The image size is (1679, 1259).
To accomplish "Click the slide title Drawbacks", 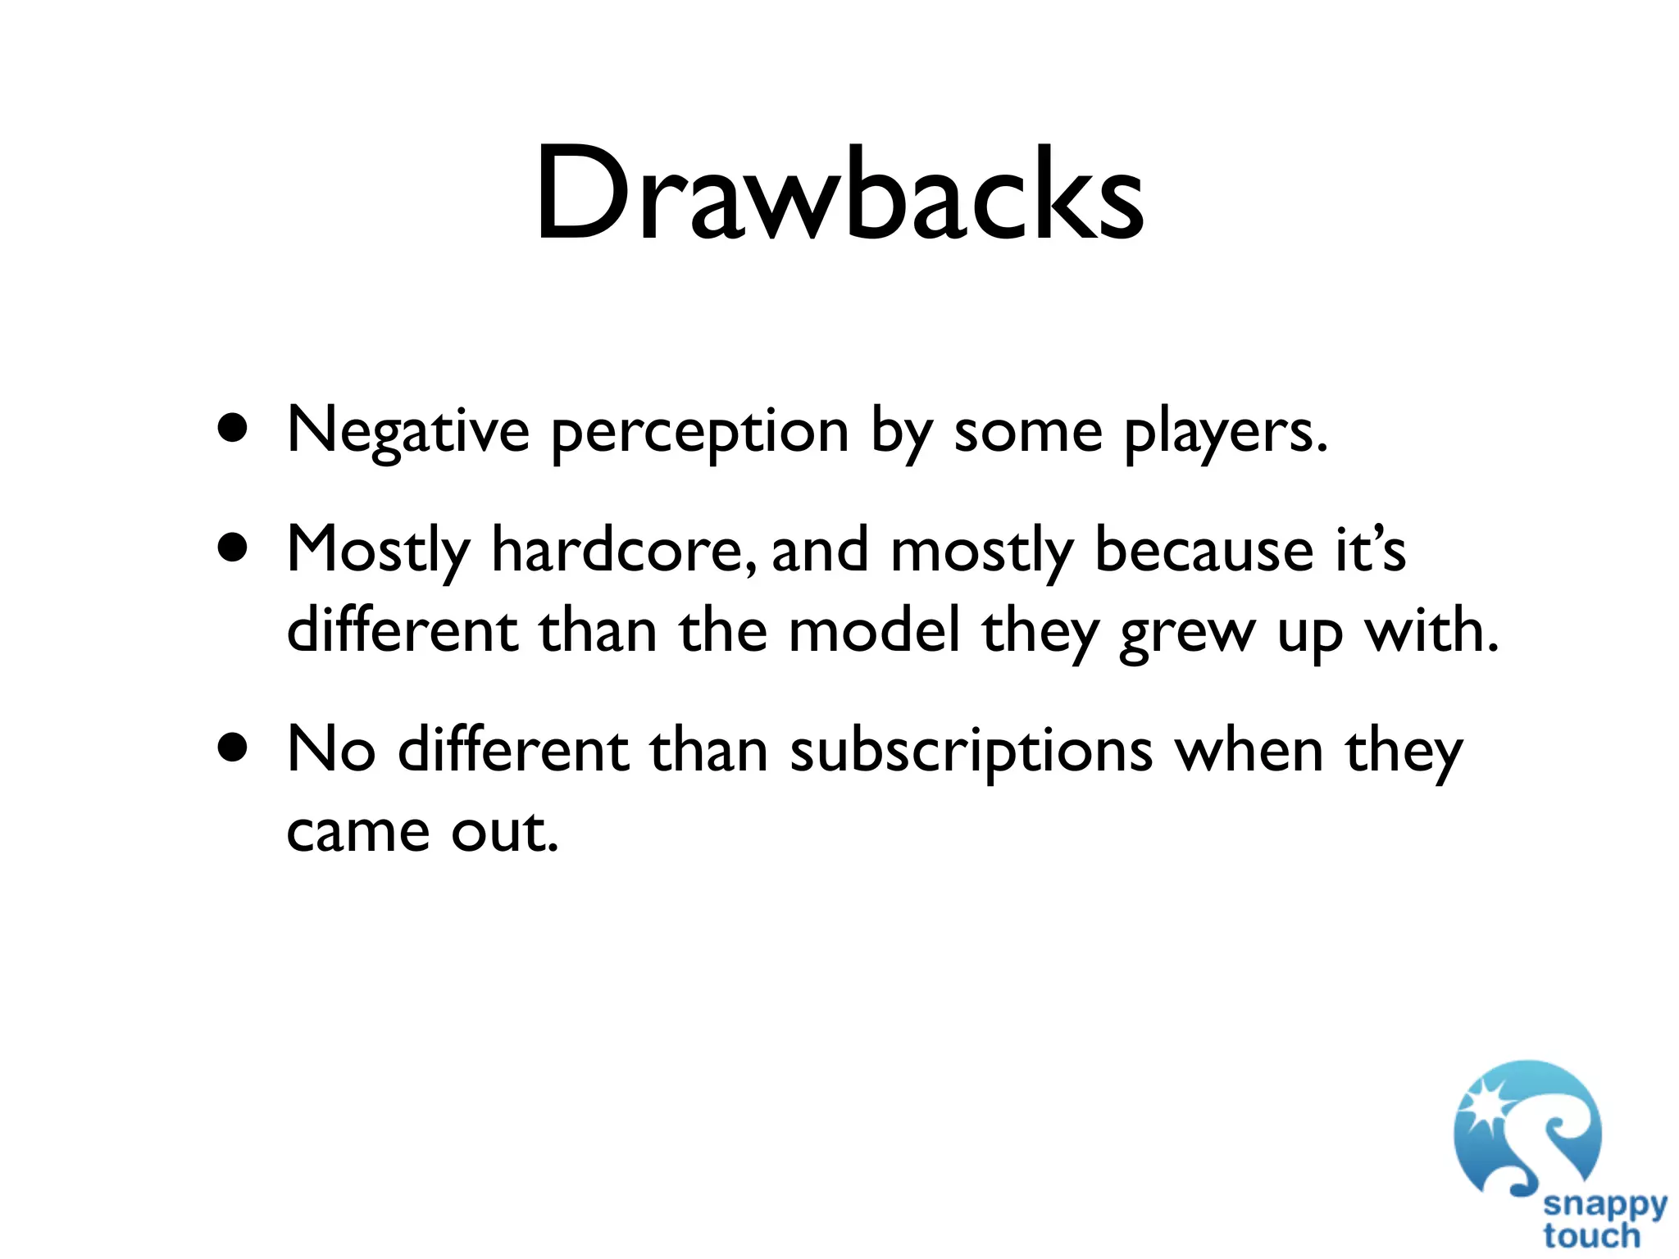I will coord(839,194).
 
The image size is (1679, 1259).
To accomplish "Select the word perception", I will coord(699,432).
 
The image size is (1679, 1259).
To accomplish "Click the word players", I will coord(1225,432).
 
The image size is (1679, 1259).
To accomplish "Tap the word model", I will coord(874,631).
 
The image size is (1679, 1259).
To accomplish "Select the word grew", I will coord(1188,633).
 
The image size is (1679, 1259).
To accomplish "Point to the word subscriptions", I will coord(971,751).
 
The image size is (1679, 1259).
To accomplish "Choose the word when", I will coord(1249,749).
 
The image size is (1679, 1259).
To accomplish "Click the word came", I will coord(358,831).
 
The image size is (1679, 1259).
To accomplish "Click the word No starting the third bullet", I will coord(331,749).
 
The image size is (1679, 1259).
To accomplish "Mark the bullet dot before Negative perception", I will coord(234,429).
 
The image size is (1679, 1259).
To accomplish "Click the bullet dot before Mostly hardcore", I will coord(234,548).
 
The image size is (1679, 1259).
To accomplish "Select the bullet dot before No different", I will coord(234,748).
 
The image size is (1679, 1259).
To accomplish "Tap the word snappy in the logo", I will coord(1604,1204).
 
